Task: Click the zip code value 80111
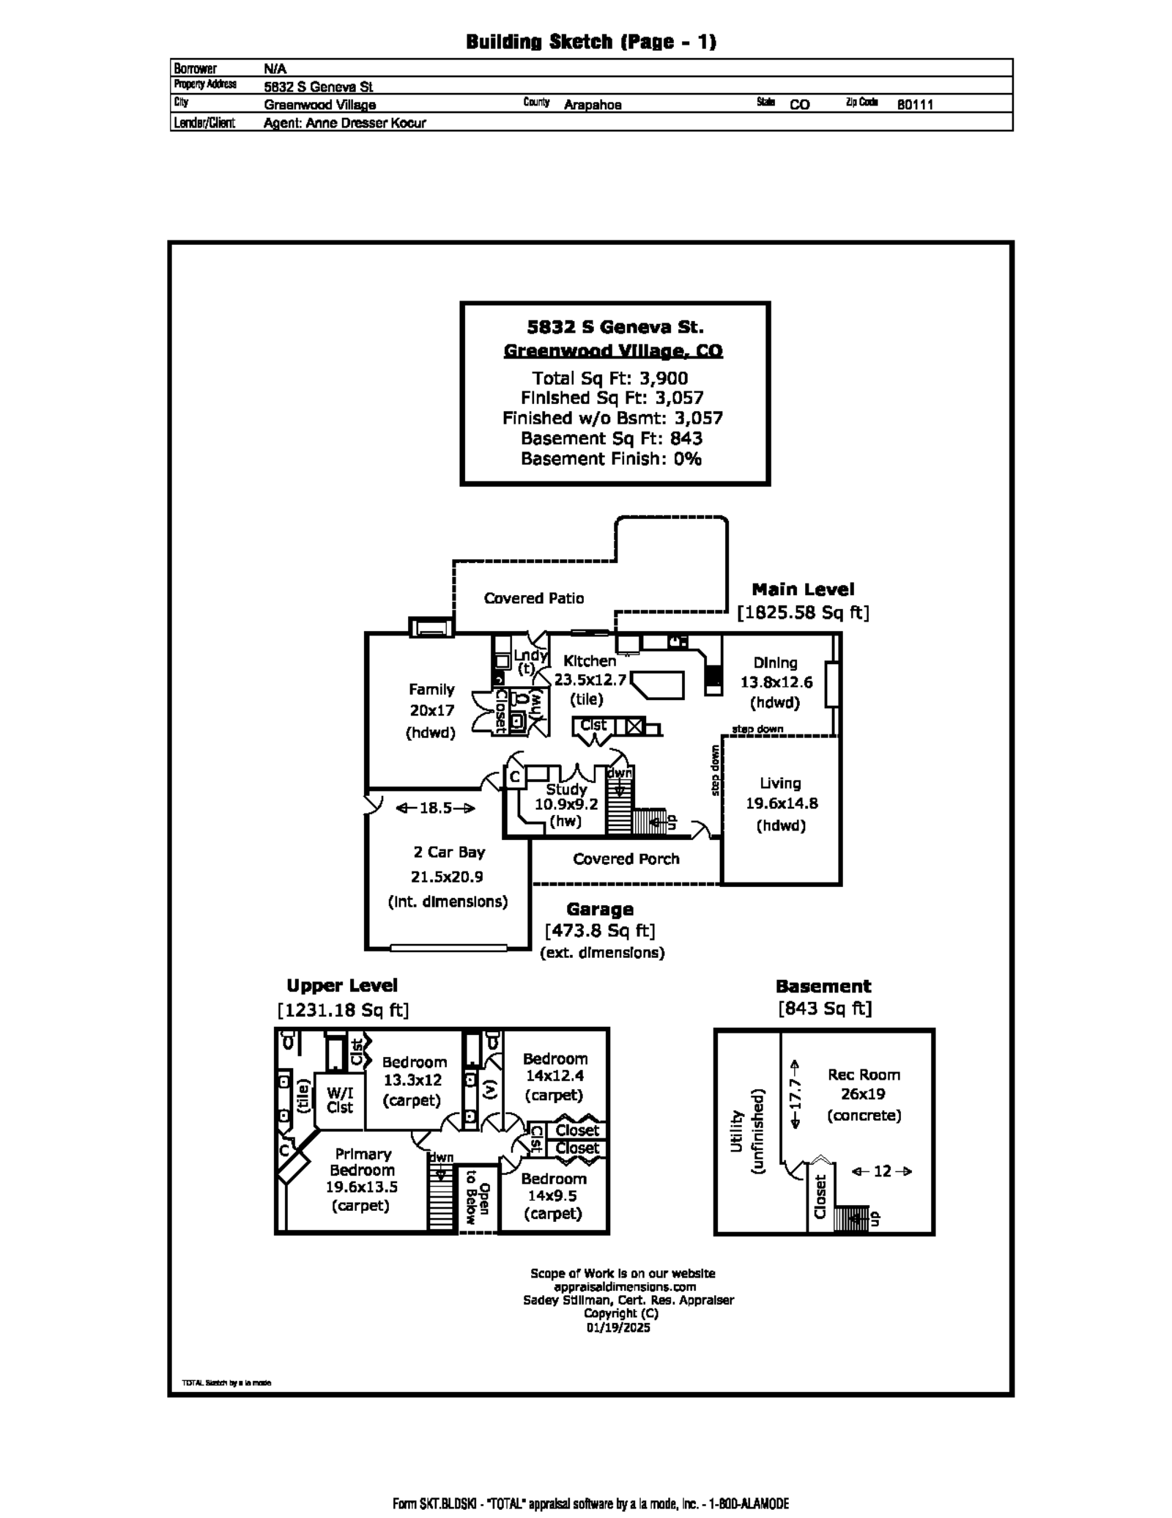(x=915, y=105)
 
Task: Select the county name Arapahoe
(x=592, y=105)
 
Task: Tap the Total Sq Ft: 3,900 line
(x=609, y=378)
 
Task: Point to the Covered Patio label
(x=534, y=598)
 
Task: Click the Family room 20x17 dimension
(x=431, y=710)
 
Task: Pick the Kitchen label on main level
(x=589, y=660)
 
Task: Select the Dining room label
(x=775, y=663)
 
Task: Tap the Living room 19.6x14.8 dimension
(x=782, y=803)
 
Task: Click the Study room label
(x=566, y=789)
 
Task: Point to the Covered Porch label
(x=626, y=859)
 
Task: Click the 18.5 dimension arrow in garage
(x=435, y=808)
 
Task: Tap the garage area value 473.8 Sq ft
(x=599, y=931)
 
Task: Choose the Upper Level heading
(x=342, y=986)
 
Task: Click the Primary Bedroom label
(x=362, y=1162)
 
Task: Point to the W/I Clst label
(x=340, y=1100)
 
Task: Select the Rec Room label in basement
(x=864, y=1075)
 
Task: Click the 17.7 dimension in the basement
(x=796, y=1094)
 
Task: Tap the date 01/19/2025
(x=617, y=1327)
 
